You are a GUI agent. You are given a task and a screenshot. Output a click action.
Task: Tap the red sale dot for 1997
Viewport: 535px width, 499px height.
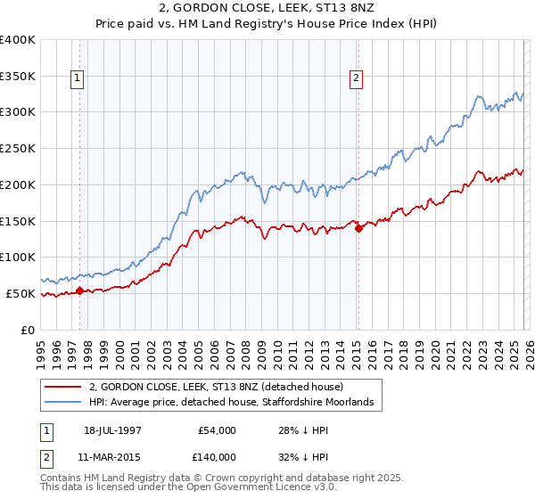(79, 290)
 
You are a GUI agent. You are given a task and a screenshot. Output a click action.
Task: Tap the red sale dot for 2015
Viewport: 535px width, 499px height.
(358, 228)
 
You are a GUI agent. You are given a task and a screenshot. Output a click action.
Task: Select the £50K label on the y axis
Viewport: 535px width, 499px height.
(21, 293)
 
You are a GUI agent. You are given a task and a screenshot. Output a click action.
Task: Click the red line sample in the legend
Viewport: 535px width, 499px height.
(62, 388)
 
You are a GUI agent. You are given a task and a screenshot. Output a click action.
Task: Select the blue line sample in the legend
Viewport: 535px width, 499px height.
(62, 403)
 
